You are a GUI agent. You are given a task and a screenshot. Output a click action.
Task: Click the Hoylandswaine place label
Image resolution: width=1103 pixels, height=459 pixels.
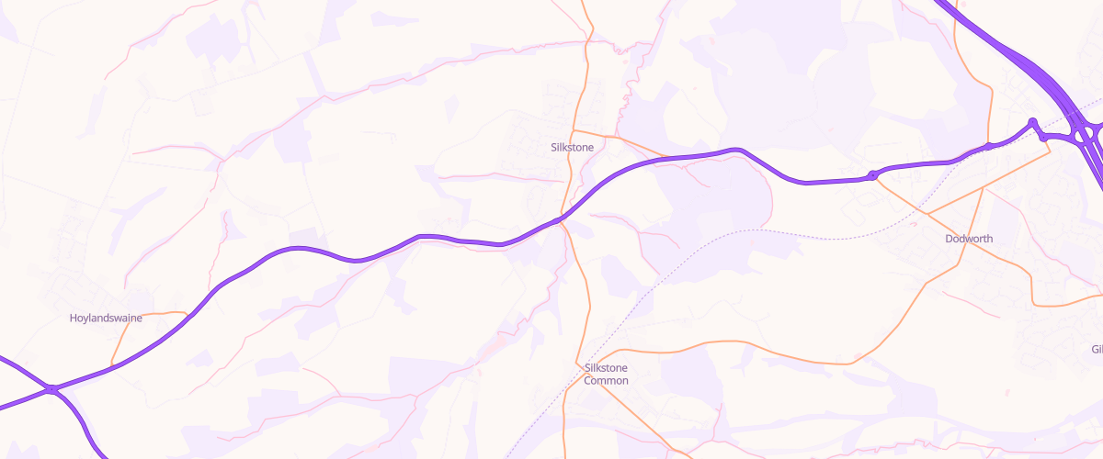(106, 319)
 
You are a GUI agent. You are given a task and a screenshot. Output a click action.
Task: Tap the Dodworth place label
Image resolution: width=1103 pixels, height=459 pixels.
(969, 239)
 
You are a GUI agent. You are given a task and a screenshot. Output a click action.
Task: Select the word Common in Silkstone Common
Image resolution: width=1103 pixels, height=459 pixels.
(606, 380)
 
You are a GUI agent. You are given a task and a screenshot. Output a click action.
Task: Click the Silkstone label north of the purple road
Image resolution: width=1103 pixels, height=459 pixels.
(572, 147)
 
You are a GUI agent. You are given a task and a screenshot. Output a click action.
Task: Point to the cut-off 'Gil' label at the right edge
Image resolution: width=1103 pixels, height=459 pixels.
(1096, 349)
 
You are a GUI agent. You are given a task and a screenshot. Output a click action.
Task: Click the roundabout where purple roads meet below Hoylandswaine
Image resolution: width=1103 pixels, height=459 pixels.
(53, 390)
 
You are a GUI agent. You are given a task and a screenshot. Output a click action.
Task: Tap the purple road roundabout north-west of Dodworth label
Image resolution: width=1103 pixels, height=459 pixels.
(871, 174)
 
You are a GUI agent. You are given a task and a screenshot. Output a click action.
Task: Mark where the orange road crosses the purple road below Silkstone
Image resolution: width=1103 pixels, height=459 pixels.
(563, 218)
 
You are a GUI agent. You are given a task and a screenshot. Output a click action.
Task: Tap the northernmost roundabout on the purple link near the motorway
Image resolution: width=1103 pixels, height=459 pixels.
(1032, 122)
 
